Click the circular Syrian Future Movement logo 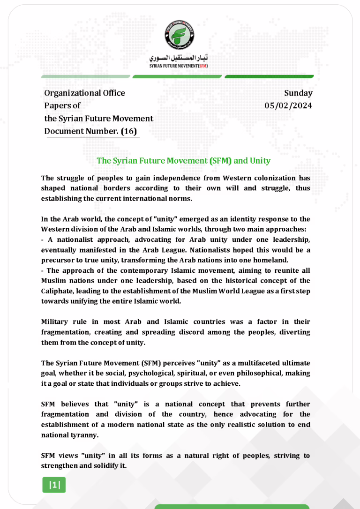[x=180, y=35]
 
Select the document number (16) [x=129, y=131]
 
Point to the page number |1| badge [x=54, y=485]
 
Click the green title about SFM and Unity [x=183, y=161]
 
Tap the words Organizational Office [x=84, y=93]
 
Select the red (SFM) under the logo [x=203, y=66]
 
